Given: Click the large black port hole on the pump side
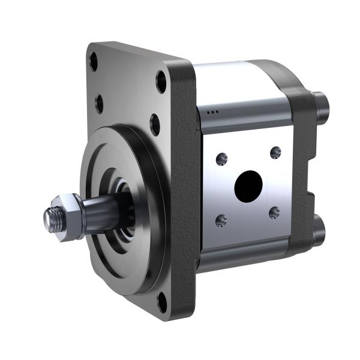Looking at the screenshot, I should [248, 186].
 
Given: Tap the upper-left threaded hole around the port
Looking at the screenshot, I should [222, 159].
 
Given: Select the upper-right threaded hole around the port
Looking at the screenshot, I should [275, 152].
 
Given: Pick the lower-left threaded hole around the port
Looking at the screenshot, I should [221, 220].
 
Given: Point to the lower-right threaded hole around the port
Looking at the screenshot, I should [274, 212].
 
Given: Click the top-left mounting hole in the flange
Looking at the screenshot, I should [94, 61].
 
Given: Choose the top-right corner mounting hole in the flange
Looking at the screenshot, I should [161, 81].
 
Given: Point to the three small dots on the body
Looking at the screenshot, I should [211, 112].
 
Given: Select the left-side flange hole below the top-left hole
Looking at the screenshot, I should [99, 103].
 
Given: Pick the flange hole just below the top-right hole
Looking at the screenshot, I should [155, 124].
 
